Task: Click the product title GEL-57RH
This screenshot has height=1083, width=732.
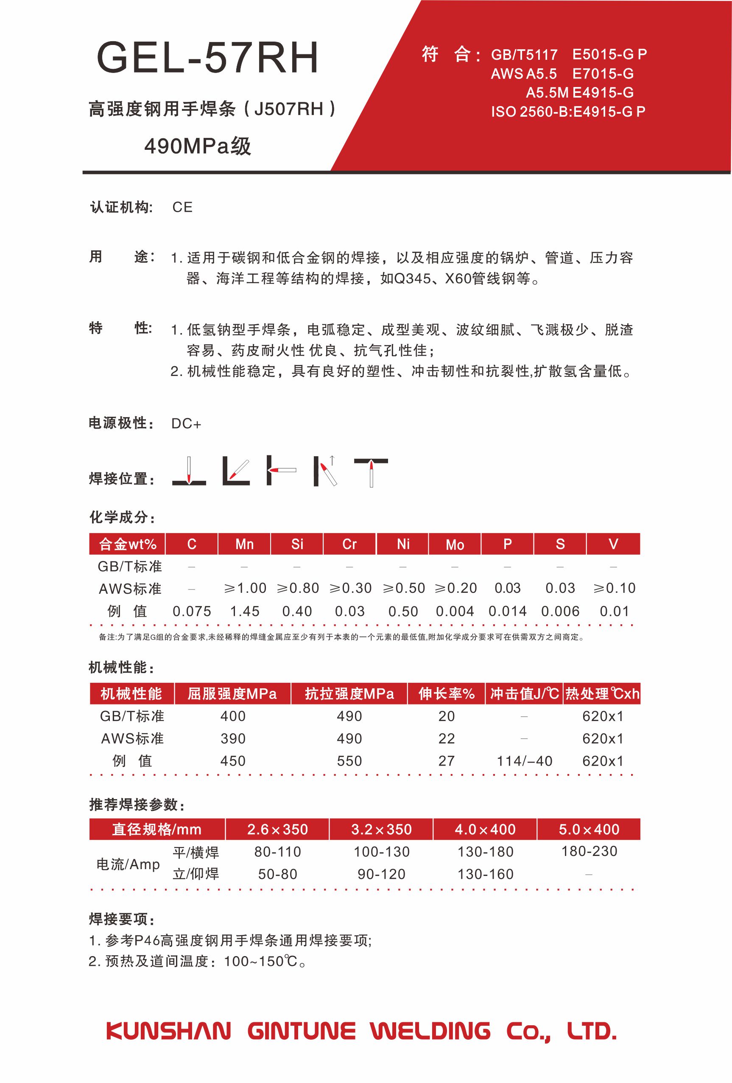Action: click(x=207, y=58)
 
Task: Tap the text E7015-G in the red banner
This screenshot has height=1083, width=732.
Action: click(x=603, y=74)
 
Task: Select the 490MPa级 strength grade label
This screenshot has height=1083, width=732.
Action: click(x=198, y=146)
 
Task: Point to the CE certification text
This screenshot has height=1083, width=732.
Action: click(x=182, y=208)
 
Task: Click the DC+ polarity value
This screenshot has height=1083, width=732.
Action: click(x=186, y=424)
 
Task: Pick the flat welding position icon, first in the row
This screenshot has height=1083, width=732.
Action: click(x=189, y=471)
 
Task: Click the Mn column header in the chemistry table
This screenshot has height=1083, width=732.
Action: click(x=244, y=544)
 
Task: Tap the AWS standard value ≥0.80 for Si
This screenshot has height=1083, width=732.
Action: click(x=298, y=588)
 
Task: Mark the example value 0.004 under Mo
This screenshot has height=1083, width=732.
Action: click(x=455, y=611)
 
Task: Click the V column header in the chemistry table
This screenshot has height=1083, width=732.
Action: click(x=613, y=544)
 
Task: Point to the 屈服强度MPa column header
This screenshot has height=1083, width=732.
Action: click(x=232, y=694)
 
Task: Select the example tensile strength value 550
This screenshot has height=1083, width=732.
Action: click(x=349, y=761)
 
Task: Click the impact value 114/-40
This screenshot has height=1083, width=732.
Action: click(x=524, y=761)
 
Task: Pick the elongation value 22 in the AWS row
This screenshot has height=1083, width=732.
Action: click(x=446, y=738)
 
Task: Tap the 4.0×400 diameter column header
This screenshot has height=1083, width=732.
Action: click(x=485, y=829)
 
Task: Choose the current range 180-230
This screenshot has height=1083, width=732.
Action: click(x=589, y=851)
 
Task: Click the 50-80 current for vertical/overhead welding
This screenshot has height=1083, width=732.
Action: click(x=277, y=874)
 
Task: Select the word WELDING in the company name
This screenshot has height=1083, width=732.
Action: click(x=430, y=1031)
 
